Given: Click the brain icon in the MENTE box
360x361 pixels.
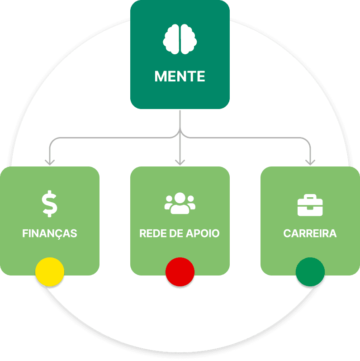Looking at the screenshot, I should pyautogui.click(x=180, y=39).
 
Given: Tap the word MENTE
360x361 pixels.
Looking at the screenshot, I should pyautogui.click(x=180, y=76).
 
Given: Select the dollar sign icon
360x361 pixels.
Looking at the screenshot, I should pyautogui.click(x=50, y=204).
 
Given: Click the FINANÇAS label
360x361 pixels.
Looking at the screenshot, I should pyautogui.click(x=50, y=234).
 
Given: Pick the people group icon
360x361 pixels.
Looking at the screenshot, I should pyautogui.click(x=180, y=204).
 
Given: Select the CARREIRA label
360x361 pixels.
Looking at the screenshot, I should pyautogui.click(x=310, y=234).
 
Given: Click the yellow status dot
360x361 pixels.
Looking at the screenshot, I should pyautogui.click(x=50, y=272).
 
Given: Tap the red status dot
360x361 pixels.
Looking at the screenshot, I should pyautogui.click(x=180, y=272).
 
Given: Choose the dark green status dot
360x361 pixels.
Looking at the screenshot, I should pyautogui.click(x=310, y=272).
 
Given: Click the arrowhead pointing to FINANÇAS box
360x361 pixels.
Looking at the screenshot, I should pyautogui.click(x=50, y=161).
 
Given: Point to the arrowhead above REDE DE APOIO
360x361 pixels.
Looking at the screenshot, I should pyautogui.click(x=180, y=161).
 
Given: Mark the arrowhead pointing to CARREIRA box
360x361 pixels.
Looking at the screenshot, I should pyautogui.click(x=310, y=161).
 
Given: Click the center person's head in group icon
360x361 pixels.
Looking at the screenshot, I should pyautogui.click(x=180, y=198).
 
